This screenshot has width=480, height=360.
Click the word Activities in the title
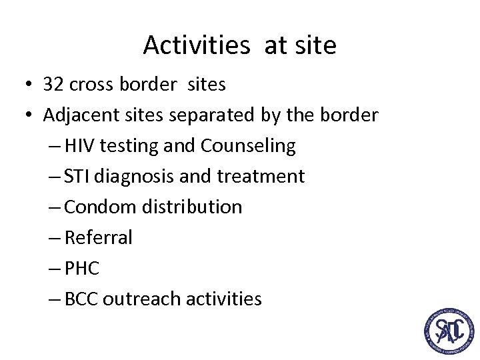point(196,45)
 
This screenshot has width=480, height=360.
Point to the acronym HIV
point(79,146)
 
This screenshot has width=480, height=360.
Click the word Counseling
point(248,146)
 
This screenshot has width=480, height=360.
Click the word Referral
point(99,238)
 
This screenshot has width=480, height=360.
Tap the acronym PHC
point(81,269)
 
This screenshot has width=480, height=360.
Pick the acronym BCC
point(81,299)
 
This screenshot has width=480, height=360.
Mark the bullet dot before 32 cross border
point(30,85)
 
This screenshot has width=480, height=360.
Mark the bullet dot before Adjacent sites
point(30,116)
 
